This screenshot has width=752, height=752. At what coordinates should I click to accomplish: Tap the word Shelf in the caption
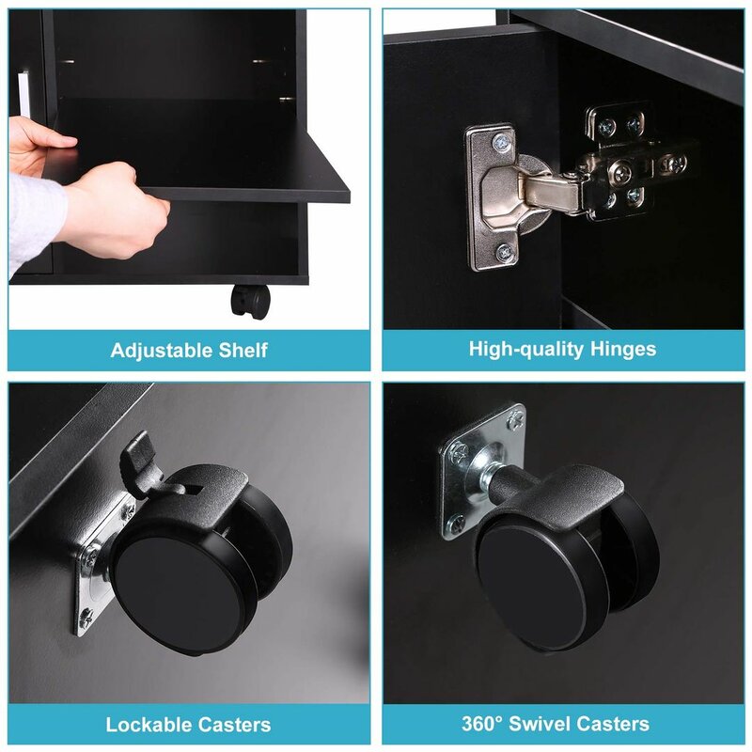point(243,350)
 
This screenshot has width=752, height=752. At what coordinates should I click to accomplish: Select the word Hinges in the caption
point(623,349)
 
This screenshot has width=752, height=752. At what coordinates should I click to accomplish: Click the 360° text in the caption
point(482,723)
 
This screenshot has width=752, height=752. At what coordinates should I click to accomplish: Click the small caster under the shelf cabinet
point(250,300)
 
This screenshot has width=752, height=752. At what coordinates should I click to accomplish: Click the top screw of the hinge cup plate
point(502,142)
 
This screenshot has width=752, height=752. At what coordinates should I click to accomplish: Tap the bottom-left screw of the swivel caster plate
point(457,522)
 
